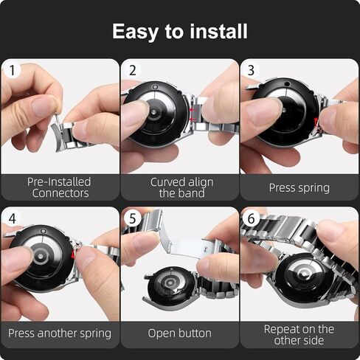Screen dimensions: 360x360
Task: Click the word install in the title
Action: pos(219,32)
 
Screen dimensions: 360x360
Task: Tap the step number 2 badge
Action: pos(133,71)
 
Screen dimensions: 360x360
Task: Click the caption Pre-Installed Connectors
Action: pos(59,187)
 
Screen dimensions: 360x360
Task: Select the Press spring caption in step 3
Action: pos(299,187)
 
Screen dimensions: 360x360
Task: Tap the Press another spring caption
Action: pos(59,333)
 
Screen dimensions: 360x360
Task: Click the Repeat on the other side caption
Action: pos(299,335)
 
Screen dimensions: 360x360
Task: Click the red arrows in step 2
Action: pos(193,114)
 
